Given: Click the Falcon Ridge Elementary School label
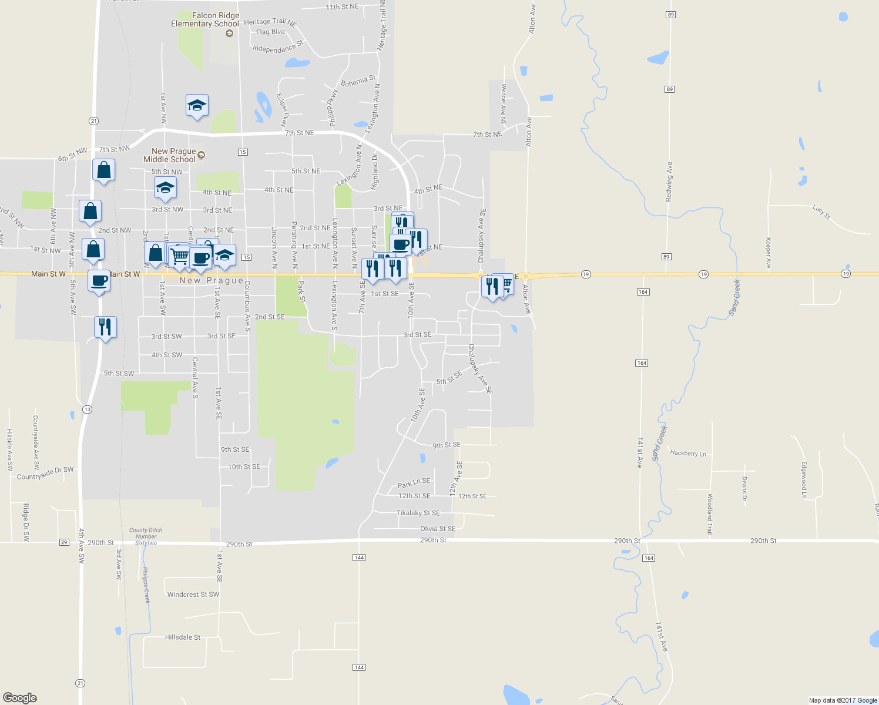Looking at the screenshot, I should coord(204,20).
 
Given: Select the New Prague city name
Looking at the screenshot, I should coord(212,281).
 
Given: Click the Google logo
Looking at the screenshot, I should coord(20,698).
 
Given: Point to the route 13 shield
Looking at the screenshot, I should coord(87,409).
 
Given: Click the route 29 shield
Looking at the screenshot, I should coord(64,542).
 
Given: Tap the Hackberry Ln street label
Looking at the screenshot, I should coord(688,453).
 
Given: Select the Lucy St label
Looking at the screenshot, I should coord(821,212).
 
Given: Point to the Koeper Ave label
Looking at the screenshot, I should coord(768,253).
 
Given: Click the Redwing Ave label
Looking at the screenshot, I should coord(669,182).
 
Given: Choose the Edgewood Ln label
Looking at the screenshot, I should coord(804,479).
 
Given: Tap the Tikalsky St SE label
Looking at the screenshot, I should coord(418,513).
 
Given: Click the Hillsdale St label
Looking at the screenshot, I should coord(183,637).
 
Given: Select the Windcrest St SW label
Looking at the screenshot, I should coord(193,595).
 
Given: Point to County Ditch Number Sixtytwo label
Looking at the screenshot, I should coord(146,536).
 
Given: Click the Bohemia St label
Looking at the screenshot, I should coord(358,81).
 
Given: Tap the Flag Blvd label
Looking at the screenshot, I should coord(270,32).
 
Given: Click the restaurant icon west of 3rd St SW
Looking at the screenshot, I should coord(105,326).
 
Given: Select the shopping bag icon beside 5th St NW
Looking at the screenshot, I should coord(103,170).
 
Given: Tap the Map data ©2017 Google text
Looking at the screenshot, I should coord(843,700).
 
